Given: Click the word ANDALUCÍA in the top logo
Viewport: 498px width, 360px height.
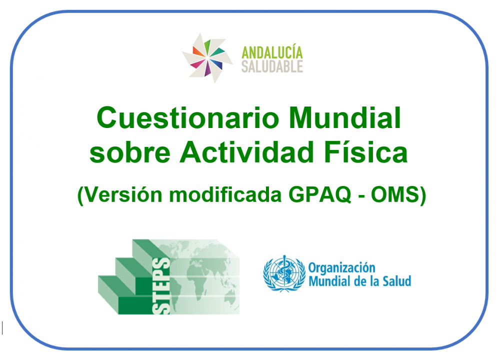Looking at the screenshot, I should pyautogui.click(x=272, y=52).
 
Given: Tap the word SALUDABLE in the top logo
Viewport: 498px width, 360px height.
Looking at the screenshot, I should pyautogui.click(x=272, y=66).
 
